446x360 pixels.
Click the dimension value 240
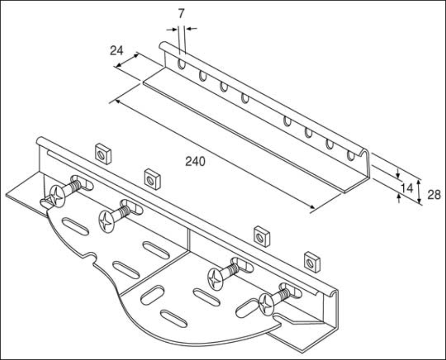click(195, 162)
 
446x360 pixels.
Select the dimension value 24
click(117, 51)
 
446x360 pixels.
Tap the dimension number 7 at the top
click(181, 14)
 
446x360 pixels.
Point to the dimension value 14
click(407, 188)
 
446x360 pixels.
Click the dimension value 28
click(434, 195)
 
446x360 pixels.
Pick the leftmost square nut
click(103, 154)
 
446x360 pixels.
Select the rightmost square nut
click(312, 262)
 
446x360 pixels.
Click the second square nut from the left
click(152, 179)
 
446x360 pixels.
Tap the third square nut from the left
click(262, 237)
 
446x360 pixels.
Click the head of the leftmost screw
click(57, 196)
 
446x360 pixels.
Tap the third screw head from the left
click(215, 279)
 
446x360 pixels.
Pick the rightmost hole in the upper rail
click(351, 156)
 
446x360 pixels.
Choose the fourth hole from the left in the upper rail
click(245, 98)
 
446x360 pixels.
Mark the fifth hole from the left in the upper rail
click(287, 121)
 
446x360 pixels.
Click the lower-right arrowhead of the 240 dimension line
click(312, 207)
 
